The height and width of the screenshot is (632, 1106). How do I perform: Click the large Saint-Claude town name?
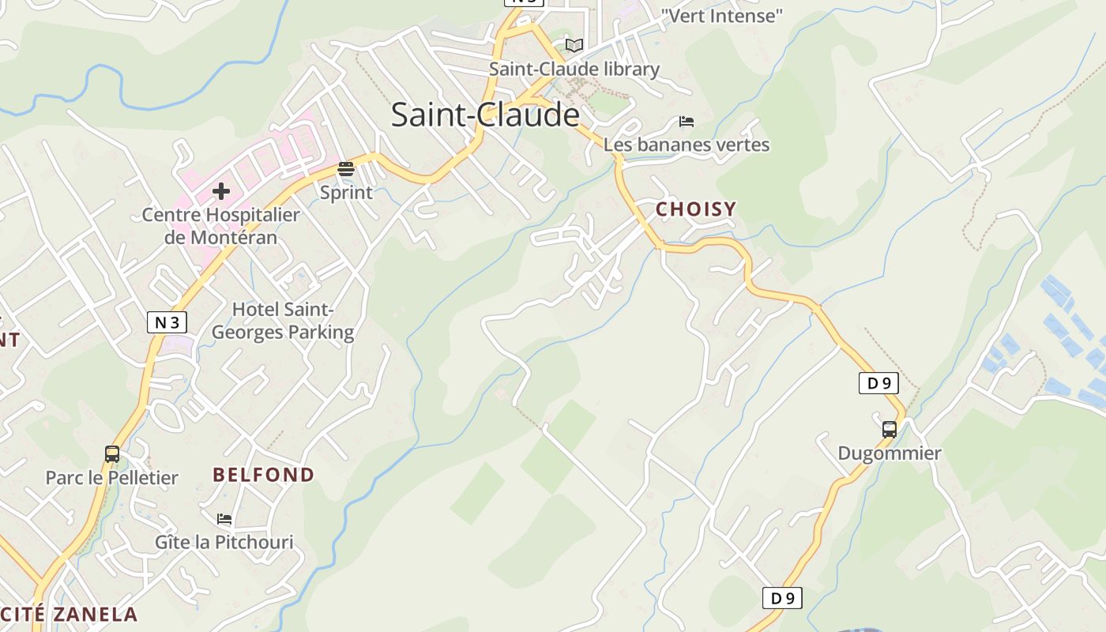(485, 115)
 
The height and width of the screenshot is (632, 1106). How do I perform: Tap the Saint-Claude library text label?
(574, 69)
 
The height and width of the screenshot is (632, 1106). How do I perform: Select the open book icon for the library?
(574, 45)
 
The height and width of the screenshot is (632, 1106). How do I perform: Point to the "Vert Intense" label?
(721, 15)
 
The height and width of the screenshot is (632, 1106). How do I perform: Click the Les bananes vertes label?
(686, 145)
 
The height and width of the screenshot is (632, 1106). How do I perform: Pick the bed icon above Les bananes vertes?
(687, 122)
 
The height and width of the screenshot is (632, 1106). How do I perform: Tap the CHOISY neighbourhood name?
(695, 209)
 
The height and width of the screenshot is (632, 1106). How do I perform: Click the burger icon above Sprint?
(346, 169)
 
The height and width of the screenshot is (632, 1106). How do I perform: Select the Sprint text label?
(346, 192)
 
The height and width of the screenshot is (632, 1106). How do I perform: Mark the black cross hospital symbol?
(221, 191)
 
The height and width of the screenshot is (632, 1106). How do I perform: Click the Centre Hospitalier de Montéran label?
(221, 226)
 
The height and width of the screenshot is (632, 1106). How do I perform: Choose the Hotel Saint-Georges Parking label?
(283, 321)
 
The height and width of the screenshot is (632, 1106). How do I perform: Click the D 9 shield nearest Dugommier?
(878, 383)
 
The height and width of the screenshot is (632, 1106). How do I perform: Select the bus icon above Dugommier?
(890, 430)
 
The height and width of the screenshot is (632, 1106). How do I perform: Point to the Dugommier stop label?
(890, 453)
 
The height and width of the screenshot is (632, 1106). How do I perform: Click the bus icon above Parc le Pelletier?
(112, 454)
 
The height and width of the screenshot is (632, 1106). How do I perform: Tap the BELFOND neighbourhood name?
(263, 475)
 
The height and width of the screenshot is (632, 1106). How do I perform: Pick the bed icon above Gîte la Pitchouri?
(224, 519)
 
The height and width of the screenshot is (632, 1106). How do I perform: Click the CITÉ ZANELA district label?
(69, 615)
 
